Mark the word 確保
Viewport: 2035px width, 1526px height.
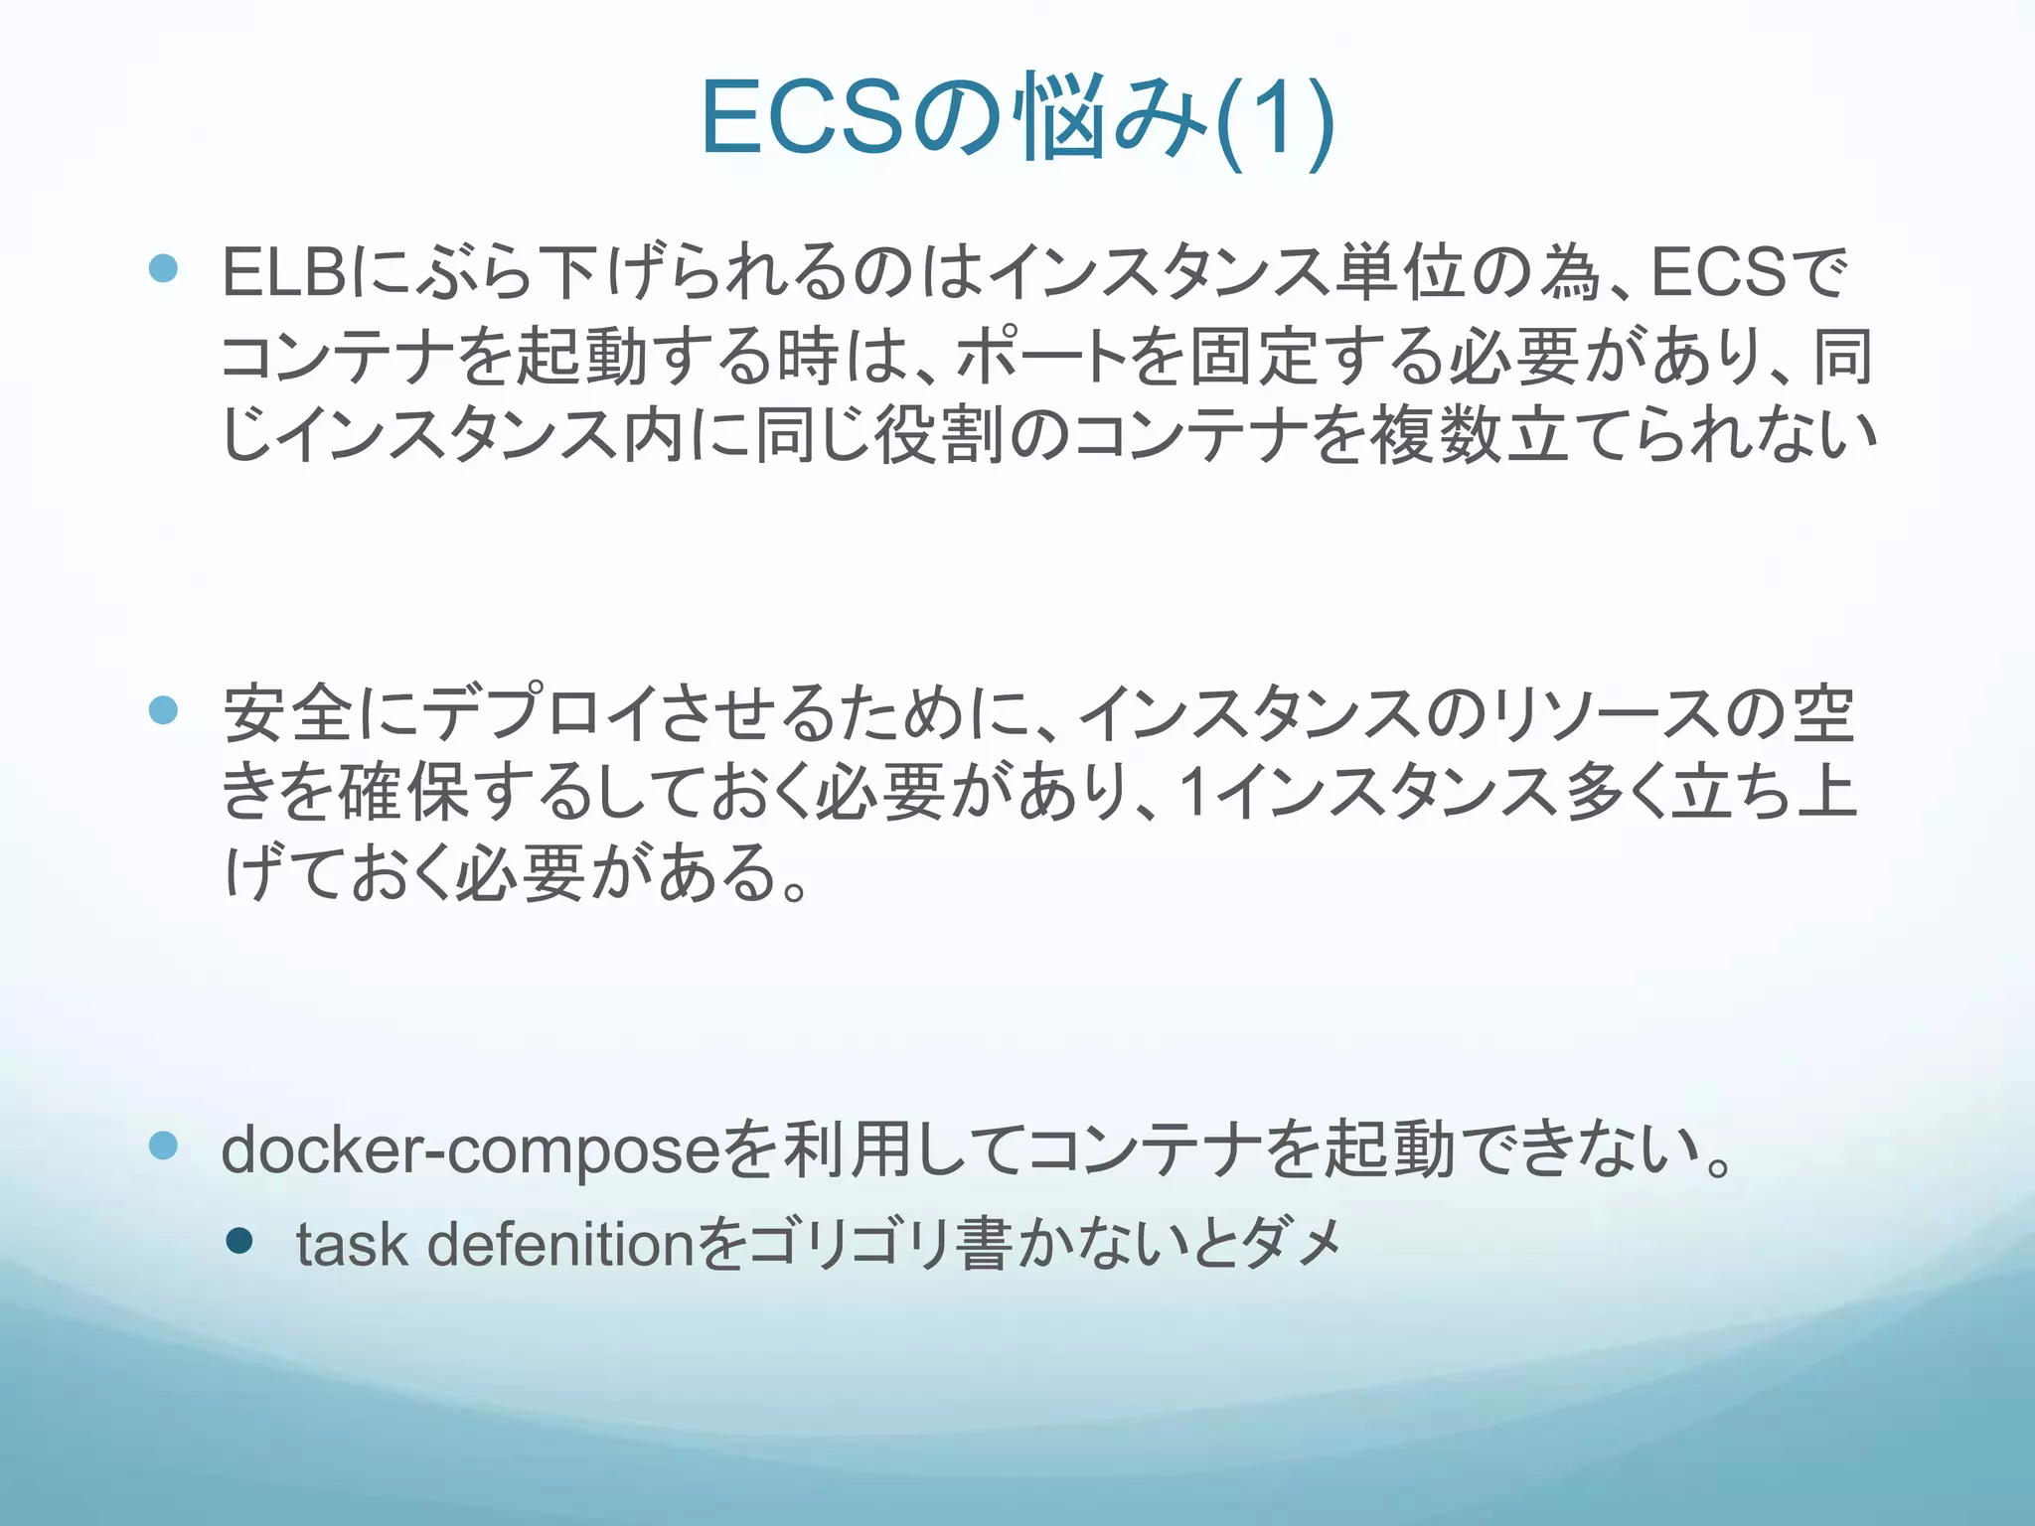point(403,794)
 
